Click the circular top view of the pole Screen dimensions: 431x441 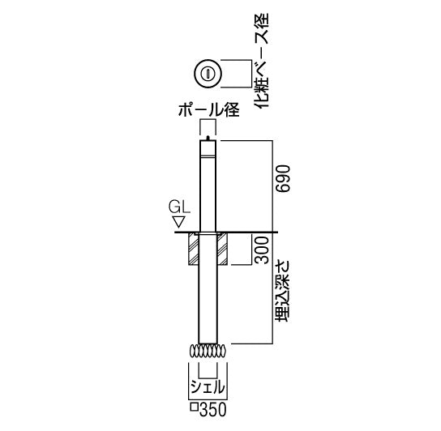[x=208, y=75]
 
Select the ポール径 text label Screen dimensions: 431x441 [x=208, y=112]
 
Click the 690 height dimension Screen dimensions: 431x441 [x=281, y=182]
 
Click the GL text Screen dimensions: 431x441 [x=178, y=207]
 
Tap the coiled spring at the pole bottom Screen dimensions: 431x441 [x=208, y=351]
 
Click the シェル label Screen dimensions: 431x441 [x=208, y=386]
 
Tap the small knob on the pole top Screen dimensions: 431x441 [x=208, y=139]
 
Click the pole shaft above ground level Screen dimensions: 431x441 [x=208, y=186]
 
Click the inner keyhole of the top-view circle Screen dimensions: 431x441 [x=208, y=75]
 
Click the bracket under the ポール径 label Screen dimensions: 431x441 [x=208, y=124]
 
